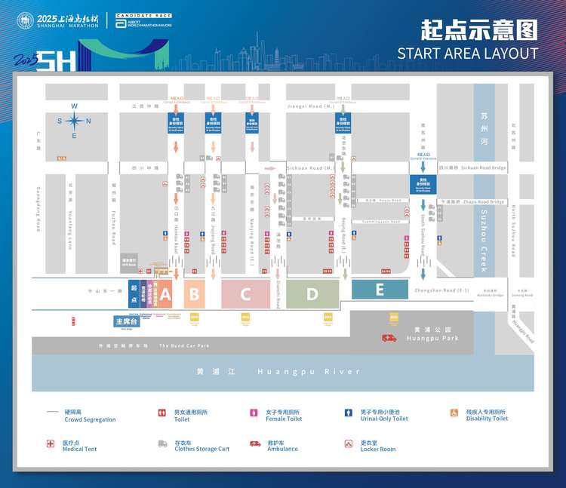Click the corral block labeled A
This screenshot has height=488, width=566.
click(166, 293)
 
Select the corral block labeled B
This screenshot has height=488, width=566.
click(194, 293)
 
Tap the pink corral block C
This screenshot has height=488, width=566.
click(245, 294)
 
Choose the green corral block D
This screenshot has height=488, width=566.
click(312, 294)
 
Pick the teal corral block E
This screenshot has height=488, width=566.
click(380, 289)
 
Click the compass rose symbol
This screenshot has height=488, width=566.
click(74, 121)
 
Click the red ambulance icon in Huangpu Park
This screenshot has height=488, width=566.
click(389, 338)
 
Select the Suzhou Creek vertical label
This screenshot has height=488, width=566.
click(484, 241)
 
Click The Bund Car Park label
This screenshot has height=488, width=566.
click(184, 346)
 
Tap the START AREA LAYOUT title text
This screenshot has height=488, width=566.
click(468, 53)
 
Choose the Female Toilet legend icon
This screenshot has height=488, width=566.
click(254, 413)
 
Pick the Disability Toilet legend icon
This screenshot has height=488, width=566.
click(454, 413)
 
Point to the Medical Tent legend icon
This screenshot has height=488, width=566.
click(51, 444)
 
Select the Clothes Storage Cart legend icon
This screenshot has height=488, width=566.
click(162, 444)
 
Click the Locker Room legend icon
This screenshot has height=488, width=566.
click(349, 444)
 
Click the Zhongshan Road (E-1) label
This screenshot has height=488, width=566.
click(442, 290)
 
